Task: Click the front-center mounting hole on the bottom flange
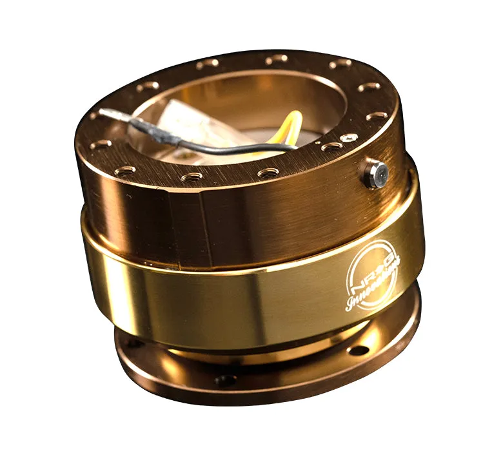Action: (226, 380)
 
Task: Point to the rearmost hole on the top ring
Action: (276, 59)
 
